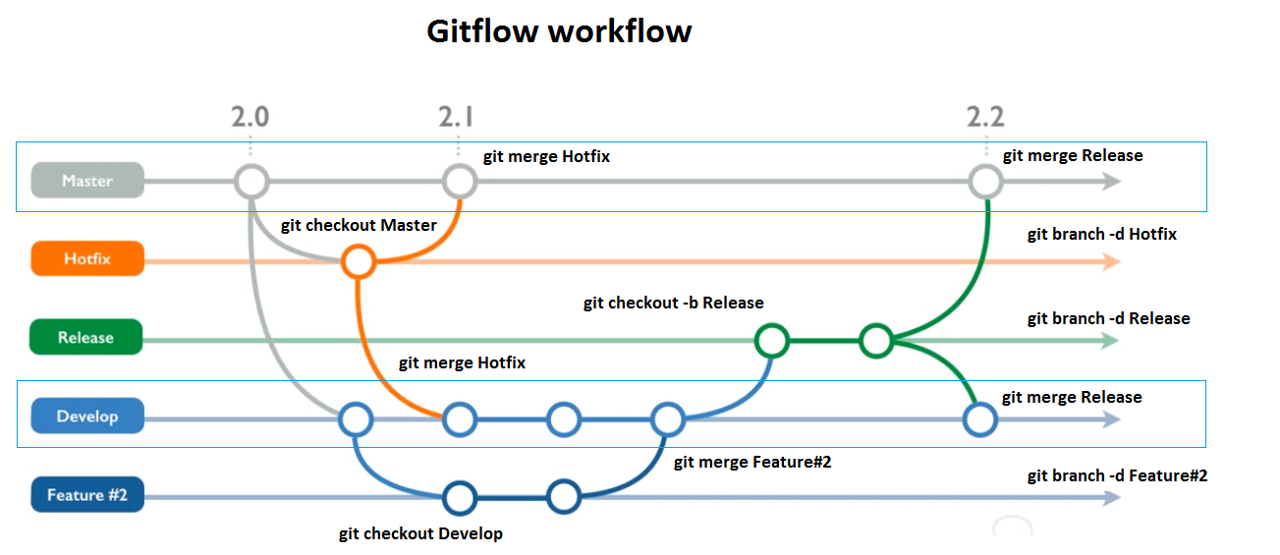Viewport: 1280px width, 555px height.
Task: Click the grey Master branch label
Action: pos(86,181)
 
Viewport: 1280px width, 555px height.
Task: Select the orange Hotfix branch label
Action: pos(86,259)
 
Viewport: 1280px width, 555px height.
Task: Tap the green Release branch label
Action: pos(85,337)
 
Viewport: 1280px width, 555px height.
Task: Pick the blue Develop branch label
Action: pos(86,416)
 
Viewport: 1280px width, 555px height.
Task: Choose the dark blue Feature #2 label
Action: pos(86,494)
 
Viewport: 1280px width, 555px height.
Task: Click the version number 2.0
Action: pos(250,117)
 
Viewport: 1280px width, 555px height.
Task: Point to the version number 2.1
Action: pos(456,117)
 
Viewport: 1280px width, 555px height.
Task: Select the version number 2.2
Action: pos(984,117)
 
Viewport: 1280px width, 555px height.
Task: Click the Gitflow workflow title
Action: pos(559,31)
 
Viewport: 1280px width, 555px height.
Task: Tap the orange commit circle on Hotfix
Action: pos(358,262)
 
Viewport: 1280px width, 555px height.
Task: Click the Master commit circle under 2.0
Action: pos(251,182)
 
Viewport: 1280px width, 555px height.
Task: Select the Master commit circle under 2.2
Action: pos(984,182)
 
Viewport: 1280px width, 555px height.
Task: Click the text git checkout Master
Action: pos(359,225)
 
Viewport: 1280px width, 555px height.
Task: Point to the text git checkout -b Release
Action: pos(673,303)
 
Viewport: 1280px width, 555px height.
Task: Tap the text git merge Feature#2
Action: pos(752,462)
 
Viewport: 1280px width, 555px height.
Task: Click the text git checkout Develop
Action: pos(420,533)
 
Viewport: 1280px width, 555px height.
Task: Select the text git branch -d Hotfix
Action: pos(1101,235)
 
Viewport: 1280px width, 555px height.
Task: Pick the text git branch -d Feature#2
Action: pos(1117,475)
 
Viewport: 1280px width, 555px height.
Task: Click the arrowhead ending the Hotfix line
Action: pos(1112,261)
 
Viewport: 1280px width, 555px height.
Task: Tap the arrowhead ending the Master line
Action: pos(1112,182)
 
